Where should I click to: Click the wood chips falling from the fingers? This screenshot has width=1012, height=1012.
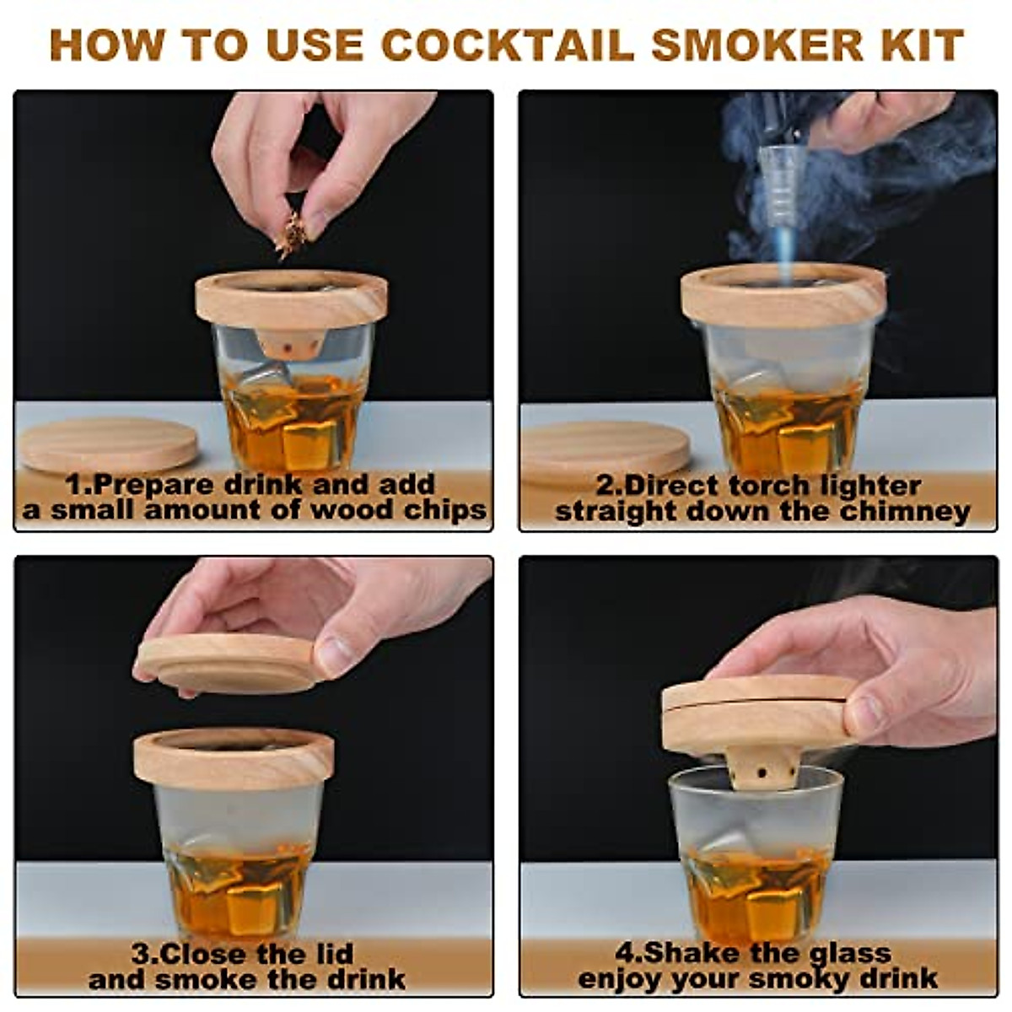[291, 234]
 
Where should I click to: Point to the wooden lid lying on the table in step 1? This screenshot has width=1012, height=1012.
[108, 444]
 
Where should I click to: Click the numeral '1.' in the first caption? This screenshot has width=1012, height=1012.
[78, 485]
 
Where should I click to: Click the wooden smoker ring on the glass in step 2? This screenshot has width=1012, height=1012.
[785, 300]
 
